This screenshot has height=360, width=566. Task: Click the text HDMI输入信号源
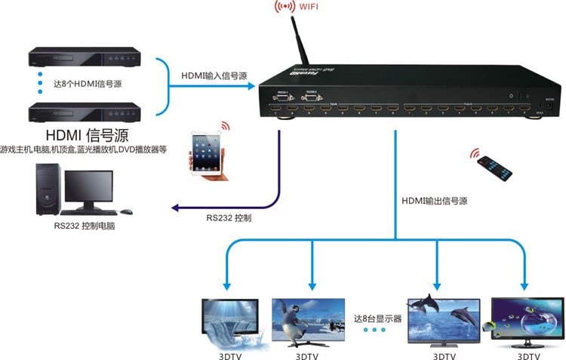(x=214, y=76)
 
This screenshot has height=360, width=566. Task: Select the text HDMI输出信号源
(x=434, y=201)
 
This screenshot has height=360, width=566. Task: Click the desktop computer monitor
(x=88, y=188)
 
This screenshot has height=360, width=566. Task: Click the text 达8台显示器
(x=377, y=317)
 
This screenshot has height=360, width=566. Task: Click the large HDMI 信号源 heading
(x=86, y=135)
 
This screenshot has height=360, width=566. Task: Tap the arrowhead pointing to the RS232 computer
(x=176, y=208)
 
